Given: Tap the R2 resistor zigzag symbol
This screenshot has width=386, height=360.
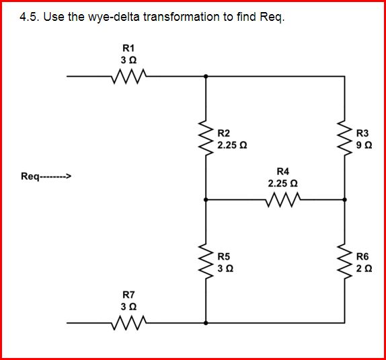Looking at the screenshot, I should tap(206, 138).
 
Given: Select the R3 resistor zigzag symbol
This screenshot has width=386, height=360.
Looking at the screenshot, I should tap(346, 138).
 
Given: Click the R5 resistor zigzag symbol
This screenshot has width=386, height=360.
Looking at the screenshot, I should tap(206, 261).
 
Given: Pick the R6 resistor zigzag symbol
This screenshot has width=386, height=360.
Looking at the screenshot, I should tap(346, 261).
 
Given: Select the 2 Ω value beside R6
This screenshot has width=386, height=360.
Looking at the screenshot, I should tap(362, 268).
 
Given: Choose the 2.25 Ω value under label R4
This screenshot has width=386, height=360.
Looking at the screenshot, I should tap(282, 183).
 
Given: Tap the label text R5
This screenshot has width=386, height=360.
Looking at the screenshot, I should tap(224, 256).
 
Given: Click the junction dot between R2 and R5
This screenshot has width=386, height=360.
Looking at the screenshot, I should tap(206, 199).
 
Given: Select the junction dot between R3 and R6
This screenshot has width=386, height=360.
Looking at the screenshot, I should tap(346, 199).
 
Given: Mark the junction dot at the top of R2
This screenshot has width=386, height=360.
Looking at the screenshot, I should tap(206, 77).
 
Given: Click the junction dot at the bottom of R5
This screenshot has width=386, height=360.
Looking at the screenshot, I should tap(206, 322).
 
